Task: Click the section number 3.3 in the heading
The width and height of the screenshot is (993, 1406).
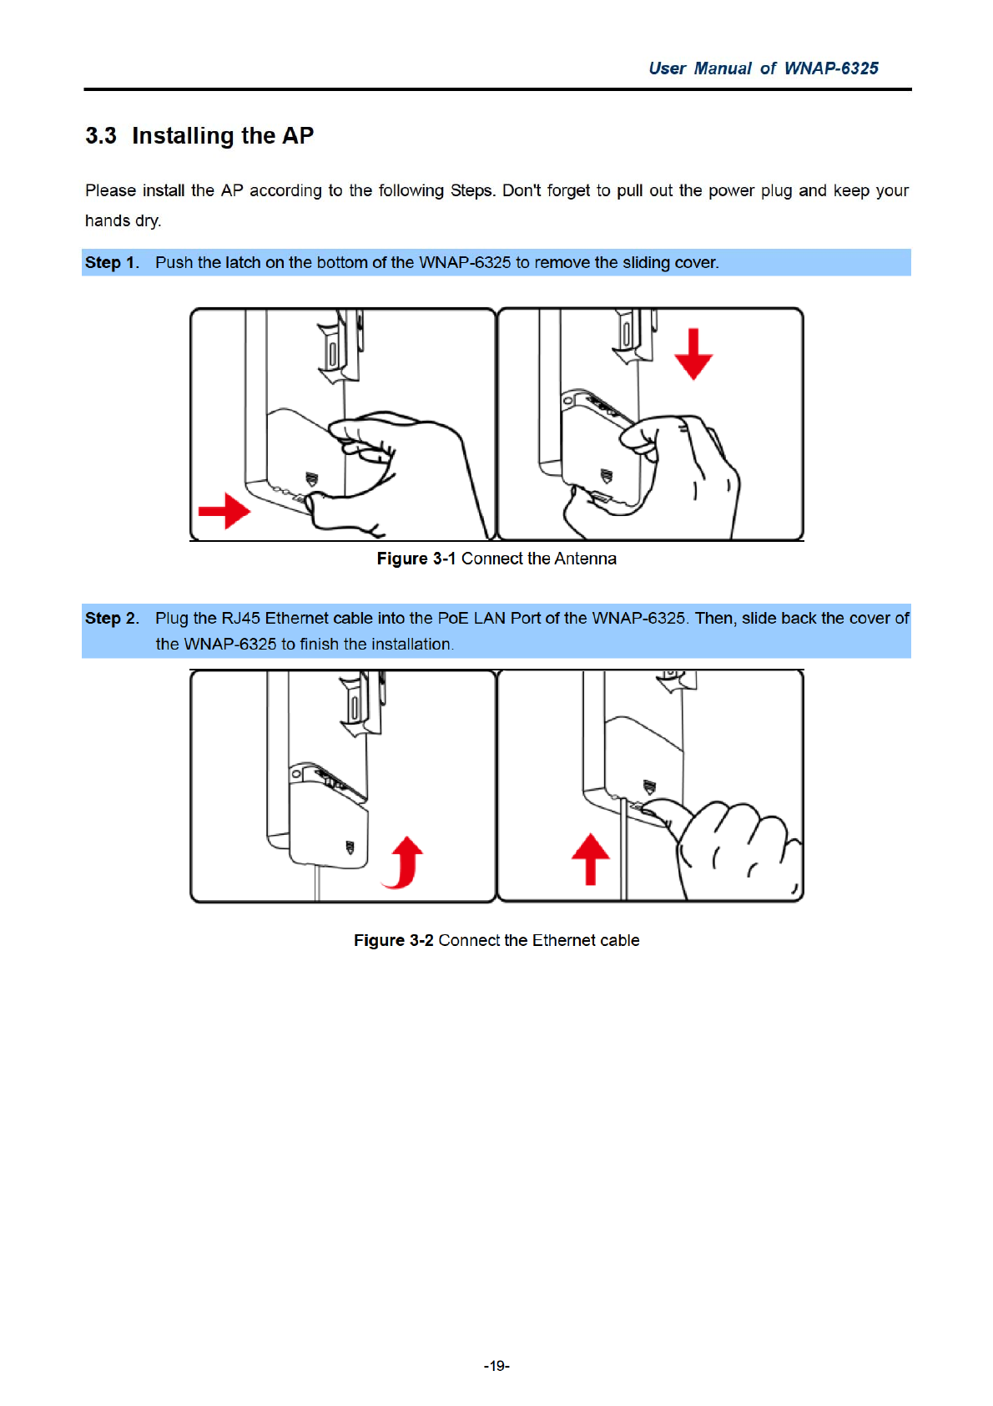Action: pos(101,136)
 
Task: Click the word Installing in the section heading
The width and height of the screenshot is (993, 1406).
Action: pos(183,136)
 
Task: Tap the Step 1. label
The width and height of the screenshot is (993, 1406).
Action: pos(112,263)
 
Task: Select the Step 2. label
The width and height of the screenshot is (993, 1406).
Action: pos(112,619)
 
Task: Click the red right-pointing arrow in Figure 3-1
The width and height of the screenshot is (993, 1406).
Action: pos(224,510)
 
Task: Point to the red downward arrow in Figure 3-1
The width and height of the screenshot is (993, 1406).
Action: pos(693,354)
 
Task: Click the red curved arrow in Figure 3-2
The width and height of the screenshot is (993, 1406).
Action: pos(405,862)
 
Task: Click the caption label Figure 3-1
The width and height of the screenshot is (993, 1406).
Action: pos(416,559)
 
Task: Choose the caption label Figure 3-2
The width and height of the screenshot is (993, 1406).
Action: pos(393,941)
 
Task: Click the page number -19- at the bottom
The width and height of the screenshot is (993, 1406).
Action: pos(496,1366)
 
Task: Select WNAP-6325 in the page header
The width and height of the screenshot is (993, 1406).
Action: pos(831,68)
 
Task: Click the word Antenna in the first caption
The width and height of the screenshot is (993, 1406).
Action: pos(585,559)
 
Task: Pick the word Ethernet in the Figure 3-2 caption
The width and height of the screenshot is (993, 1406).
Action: pos(563,941)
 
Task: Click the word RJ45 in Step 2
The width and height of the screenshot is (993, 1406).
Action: pos(240,619)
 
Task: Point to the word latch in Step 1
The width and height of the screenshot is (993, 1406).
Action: pos(243,263)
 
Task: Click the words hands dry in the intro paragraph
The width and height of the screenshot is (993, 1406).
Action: pos(123,221)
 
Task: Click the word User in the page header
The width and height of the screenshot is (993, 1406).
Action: pos(668,68)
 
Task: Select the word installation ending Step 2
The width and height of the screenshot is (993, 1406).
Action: pos(411,645)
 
